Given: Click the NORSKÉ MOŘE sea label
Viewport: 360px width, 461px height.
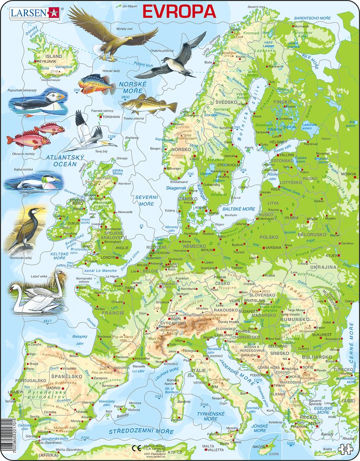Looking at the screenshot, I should (133, 87).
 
